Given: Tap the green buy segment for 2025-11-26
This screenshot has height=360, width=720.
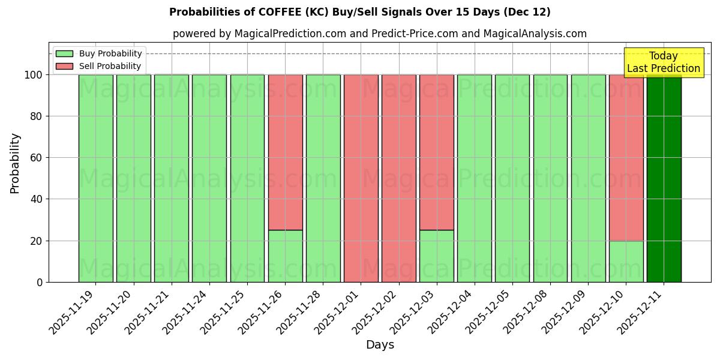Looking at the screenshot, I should coord(285,256).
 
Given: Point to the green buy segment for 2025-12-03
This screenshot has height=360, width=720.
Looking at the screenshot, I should coord(436,256).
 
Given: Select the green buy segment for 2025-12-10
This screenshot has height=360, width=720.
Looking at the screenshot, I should coord(626,262).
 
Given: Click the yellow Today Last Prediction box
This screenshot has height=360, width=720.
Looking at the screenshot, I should coord(663,62).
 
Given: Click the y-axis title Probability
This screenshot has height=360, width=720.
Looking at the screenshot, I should coord(15,163).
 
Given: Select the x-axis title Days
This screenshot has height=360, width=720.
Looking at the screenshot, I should coord(380,345).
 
